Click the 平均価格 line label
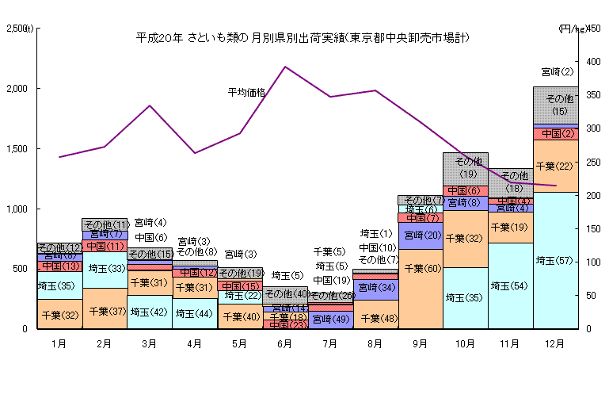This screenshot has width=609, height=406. [246, 92]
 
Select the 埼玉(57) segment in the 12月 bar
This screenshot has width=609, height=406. [555, 260]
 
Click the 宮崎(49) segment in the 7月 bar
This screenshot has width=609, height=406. [330, 320]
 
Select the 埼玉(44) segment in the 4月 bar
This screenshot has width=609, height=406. [195, 312]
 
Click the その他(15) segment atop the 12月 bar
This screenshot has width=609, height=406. [555, 105]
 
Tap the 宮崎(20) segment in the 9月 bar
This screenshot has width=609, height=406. [421, 236]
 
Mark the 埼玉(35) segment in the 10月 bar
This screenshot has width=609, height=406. [466, 298]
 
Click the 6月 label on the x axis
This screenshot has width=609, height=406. [285, 344]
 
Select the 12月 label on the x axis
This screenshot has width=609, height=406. [555, 344]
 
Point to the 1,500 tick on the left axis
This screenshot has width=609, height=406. [15, 148]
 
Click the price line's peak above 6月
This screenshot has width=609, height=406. [285, 67]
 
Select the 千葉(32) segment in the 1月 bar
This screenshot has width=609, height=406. [59, 314]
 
